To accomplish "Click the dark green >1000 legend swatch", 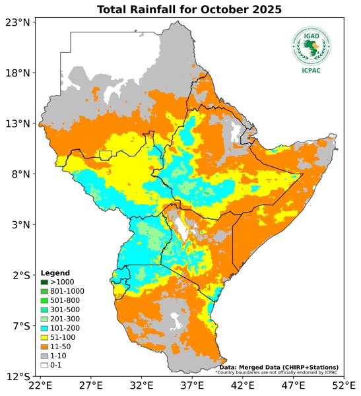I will point(44,282).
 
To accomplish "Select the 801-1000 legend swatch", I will point(44,291).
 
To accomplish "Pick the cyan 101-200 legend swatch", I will point(44,328).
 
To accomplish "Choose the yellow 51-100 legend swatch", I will point(44,337).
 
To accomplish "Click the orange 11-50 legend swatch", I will point(44,346).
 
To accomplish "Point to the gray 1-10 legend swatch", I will point(44,356).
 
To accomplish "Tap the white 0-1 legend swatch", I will point(44,365).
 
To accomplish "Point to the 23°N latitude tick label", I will point(17,22).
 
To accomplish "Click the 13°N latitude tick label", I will point(17,123).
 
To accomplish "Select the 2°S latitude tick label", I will point(19,275).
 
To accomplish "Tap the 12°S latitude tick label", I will point(17,377).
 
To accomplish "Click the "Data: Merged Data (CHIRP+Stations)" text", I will point(279,367).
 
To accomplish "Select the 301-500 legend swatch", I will point(44,310).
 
